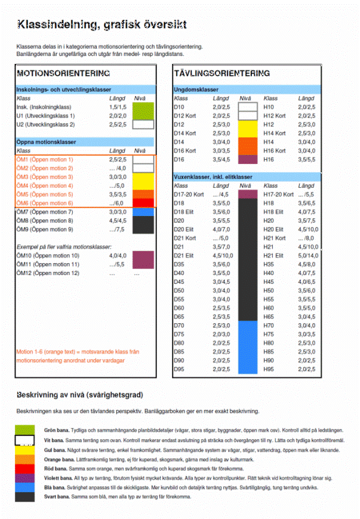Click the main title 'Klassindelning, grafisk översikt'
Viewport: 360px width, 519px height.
coord(101,25)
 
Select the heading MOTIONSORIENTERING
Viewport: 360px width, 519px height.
coord(63,73)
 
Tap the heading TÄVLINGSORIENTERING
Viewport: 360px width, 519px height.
coord(221,73)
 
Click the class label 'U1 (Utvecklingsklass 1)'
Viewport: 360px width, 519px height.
coord(45,116)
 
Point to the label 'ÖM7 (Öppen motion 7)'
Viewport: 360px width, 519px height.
coord(45,212)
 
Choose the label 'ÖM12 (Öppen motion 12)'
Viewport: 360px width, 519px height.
coord(48,273)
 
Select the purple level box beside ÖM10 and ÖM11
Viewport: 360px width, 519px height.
coord(143,259)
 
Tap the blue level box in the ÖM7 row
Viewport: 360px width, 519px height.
coord(143,212)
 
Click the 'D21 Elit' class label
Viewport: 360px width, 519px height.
coord(183,255)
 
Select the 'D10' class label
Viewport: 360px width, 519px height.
coord(179,107)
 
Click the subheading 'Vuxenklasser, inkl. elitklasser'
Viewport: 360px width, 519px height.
coord(213,177)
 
